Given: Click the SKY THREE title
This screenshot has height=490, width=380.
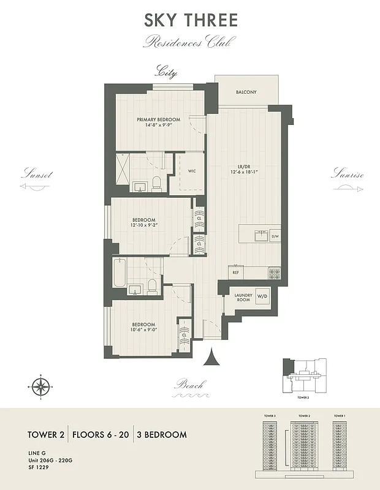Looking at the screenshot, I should [191, 20].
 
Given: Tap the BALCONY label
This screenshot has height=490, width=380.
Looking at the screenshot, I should [246, 92].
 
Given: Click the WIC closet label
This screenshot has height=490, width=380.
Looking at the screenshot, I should [191, 172].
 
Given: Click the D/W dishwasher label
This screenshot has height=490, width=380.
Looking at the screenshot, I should [275, 236].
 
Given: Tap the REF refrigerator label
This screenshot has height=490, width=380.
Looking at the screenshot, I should [235, 272].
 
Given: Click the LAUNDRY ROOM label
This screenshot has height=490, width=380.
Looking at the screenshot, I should [243, 298].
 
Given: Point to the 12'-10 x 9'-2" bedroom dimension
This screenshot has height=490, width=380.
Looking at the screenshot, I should [143, 225].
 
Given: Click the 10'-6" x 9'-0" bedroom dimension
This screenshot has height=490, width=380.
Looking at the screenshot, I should [142, 330].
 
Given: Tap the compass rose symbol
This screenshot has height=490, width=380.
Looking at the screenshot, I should [40, 386].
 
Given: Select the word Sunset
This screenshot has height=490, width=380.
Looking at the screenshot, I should [37, 175].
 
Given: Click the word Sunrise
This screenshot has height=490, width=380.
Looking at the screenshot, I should [348, 175].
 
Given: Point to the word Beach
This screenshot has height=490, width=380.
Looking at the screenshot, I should [189, 385].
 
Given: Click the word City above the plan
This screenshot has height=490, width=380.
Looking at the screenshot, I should [166, 72].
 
